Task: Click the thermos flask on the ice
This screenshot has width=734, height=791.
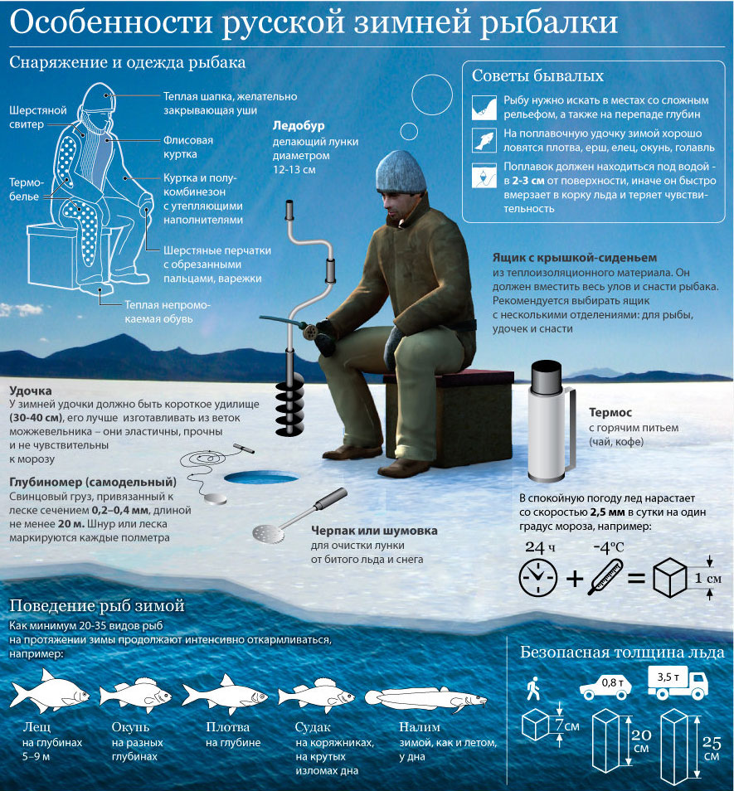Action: pyautogui.click(x=551, y=420)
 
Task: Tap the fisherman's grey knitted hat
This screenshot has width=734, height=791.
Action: pyautogui.click(x=401, y=172)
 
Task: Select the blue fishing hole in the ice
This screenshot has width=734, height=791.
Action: pyautogui.click(x=260, y=478)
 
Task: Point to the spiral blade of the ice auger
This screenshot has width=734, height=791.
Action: pyautogui.click(x=289, y=408)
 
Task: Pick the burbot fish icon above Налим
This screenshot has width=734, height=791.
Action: pyautogui.click(x=426, y=699)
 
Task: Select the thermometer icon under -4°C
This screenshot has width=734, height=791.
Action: pyautogui.click(x=605, y=576)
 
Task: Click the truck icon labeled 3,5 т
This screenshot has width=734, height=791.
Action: pyautogui.click(x=678, y=682)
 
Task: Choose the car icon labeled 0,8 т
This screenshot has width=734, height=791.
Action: pyautogui.click(x=605, y=687)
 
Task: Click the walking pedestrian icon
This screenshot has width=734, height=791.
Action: pyautogui.click(x=533, y=688)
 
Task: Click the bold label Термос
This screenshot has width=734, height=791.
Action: pyautogui.click(x=610, y=413)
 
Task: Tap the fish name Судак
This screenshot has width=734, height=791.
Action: pyautogui.click(x=313, y=727)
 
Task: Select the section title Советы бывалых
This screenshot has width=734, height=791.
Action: pyautogui.click(x=537, y=75)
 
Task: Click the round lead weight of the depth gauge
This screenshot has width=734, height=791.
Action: pyautogui.click(x=215, y=499)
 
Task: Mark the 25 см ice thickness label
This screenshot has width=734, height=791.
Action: pyautogui.click(x=712, y=749)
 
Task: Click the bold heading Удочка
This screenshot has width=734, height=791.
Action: pyautogui.click(x=30, y=391)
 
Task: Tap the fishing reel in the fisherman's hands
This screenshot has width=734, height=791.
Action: pyautogui.click(x=311, y=332)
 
